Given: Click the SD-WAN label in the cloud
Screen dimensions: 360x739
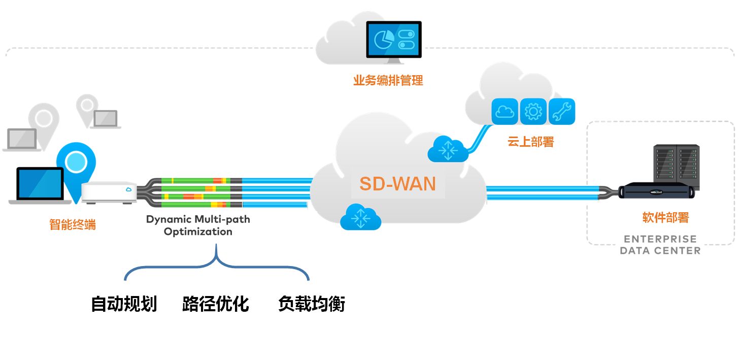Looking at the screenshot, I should (397, 184).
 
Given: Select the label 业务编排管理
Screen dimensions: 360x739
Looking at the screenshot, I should (388, 80).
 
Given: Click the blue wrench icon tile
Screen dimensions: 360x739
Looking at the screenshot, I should (561, 111).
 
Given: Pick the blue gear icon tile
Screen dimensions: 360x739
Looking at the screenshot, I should (533, 111).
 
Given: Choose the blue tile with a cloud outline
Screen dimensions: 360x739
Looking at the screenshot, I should (505, 111).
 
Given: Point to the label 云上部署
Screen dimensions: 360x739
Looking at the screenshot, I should (530, 142).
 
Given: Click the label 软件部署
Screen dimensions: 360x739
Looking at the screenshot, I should (665, 218).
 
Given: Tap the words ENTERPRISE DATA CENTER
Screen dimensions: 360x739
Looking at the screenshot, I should (660, 245).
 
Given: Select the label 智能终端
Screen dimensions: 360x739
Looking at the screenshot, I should (73, 224).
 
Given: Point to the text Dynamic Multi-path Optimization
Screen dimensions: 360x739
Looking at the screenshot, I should (198, 225).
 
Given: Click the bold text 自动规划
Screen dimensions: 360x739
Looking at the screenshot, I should (124, 304).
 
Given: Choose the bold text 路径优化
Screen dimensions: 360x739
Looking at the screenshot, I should (216, 304).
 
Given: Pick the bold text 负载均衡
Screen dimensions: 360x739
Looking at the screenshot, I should (312, 304).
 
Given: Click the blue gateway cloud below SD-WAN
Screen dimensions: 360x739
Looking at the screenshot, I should (360, 218).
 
